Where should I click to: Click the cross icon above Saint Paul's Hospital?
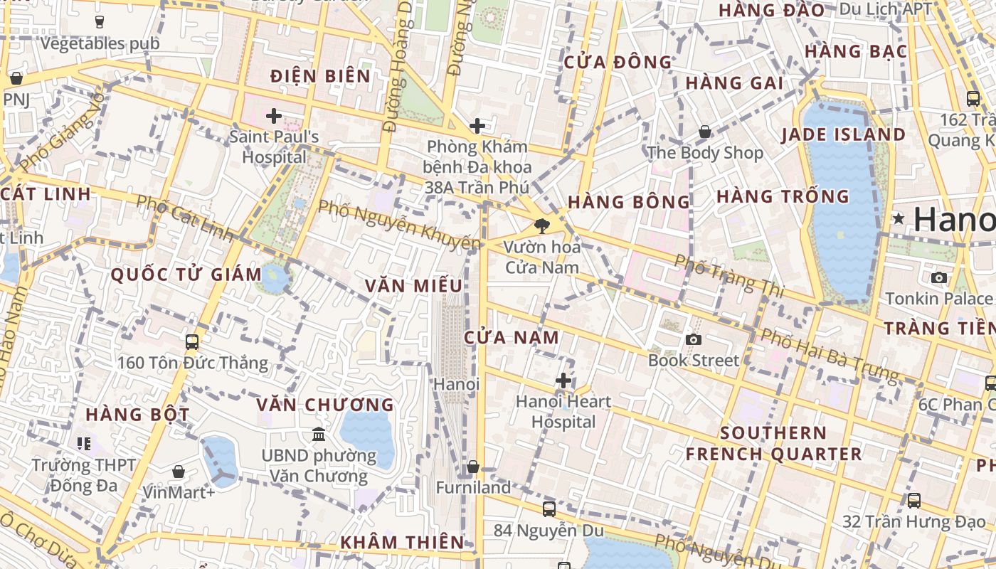(274, 115)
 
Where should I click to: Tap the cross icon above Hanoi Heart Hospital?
(563, 381)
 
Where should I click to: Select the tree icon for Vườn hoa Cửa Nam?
(542, 227)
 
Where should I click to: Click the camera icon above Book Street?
(694, 339)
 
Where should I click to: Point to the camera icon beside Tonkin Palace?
(939, 277)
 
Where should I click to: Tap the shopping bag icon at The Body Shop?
(705, 132)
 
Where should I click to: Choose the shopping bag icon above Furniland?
(473, 467)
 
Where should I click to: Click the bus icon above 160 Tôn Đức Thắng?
(192, 341)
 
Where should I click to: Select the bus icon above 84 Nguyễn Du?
(549, 509)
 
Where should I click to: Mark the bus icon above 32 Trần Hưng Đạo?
(914, 501)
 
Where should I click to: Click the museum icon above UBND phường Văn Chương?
(319, 434)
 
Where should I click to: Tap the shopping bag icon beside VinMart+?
(179, 472)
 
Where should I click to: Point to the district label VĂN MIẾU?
(414, 286)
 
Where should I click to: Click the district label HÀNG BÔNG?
(629, 202)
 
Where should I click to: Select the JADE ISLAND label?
(844, 135)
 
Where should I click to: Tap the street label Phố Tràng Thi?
(729, 276)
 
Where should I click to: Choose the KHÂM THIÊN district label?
(402, 542)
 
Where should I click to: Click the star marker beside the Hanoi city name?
(899, 218)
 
